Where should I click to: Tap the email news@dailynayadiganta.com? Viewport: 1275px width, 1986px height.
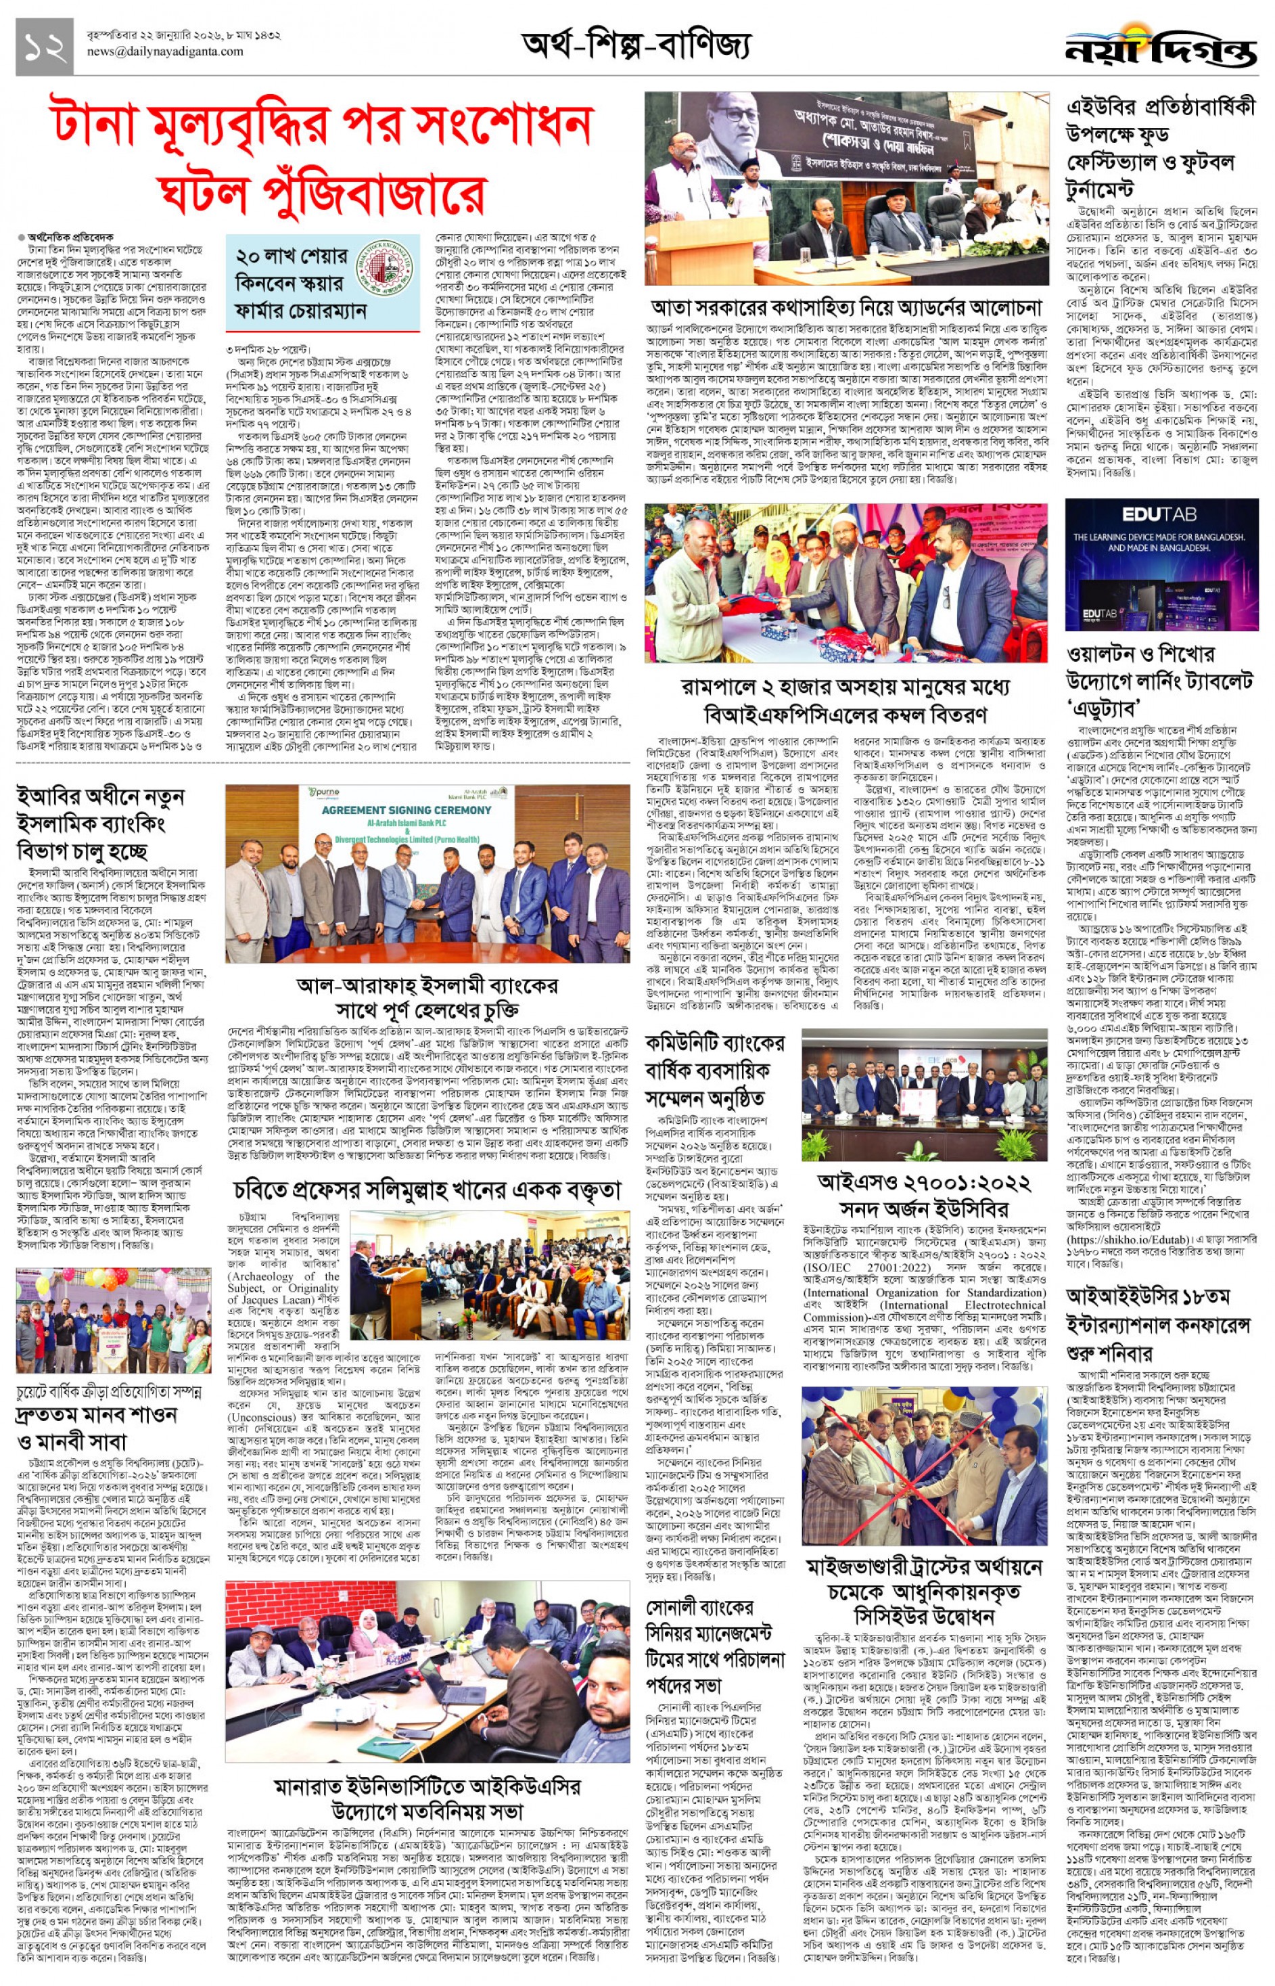[x=165, y=51]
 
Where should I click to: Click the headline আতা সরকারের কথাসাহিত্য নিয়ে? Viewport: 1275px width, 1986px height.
[x=845, y=307]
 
